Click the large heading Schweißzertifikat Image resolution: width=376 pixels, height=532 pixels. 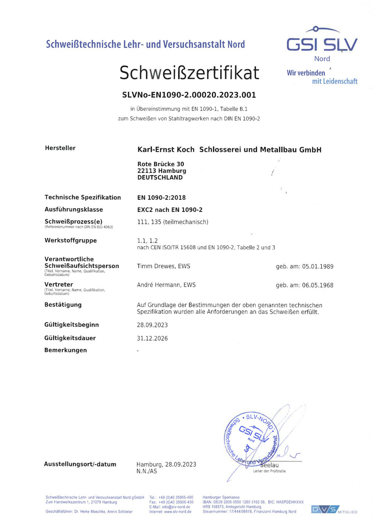(x=189, y=73)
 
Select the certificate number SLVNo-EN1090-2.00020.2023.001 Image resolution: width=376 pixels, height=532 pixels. (x=189, y=95)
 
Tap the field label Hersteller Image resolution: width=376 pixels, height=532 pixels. (x=60, y=148)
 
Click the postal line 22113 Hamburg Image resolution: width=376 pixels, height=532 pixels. (x=162, y=171)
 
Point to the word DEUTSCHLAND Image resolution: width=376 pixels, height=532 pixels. (x=160, y=177)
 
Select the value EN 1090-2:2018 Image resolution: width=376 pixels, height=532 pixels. (x=161, y=198)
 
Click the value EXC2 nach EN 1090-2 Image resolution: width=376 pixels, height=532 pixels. (x=170, y=210)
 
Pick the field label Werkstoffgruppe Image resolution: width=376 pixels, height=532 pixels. (x=70, y=241)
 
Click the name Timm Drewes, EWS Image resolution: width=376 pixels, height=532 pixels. (x=163, y=266)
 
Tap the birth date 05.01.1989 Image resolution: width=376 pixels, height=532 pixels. (x=318, y=266)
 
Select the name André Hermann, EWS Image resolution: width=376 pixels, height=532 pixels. (x=166, y=285)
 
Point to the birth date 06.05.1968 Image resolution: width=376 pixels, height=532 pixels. (x=318, y=285)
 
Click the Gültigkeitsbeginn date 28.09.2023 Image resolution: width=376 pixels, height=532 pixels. (x=152, y=325)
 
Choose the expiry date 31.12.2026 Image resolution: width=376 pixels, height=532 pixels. (x=152, y=338)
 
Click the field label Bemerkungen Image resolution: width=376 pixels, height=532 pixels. (x=65, y=351)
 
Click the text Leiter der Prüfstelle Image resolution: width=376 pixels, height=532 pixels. (x=269, y=471)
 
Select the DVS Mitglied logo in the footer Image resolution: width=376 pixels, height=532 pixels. (x=333, y=510)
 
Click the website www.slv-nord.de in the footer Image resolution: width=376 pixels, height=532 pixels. (x=178, y=512)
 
